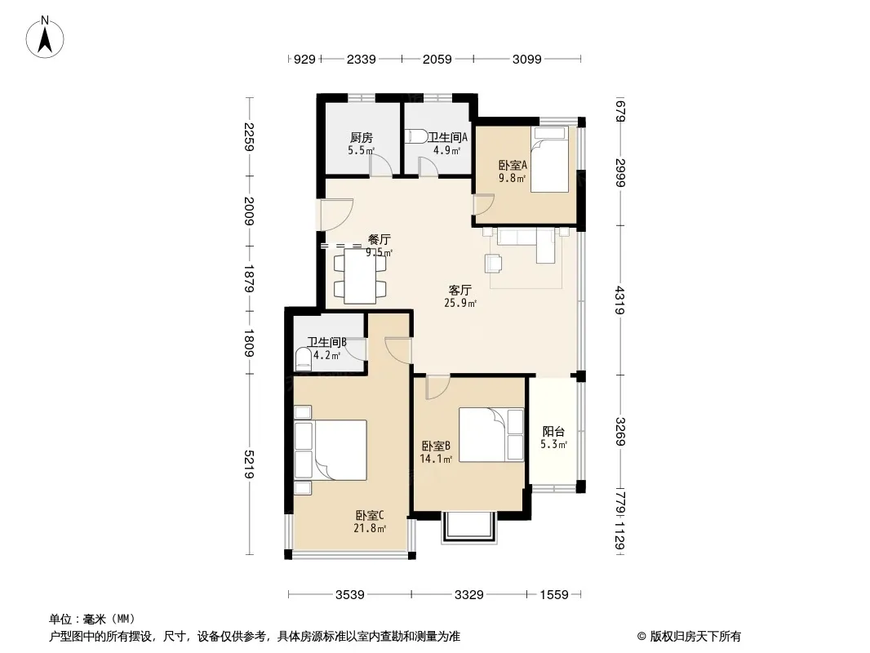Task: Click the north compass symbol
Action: [45, 38]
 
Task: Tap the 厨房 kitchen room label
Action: [362, 137]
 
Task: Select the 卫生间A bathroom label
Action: [447, 136]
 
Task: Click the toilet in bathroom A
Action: [416, 136]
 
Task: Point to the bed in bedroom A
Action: [549, 160]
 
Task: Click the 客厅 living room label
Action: [460, 290]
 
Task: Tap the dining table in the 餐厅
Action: [360, 276]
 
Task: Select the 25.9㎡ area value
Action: [460, 303]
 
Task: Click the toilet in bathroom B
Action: [303, 359]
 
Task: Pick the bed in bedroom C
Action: [331, 450]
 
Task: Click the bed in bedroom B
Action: [491, 435]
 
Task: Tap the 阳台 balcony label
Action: [553, 431]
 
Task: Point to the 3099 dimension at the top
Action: [526, 59]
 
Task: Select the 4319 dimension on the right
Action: [619, 300]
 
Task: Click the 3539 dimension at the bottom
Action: [349, 595]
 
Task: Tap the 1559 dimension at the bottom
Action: [553, 595]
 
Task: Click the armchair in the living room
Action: [493, 263]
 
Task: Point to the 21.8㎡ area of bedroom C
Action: [370, 528]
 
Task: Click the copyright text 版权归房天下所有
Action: [695, 637]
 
